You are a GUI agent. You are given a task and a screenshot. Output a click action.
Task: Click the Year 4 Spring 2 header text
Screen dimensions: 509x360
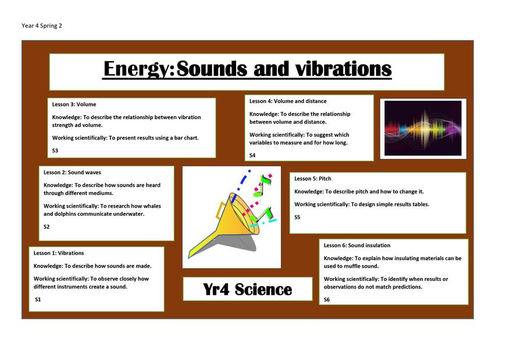click(41, 26)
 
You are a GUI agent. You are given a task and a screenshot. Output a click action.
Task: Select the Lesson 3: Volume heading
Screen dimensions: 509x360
click(74, 104)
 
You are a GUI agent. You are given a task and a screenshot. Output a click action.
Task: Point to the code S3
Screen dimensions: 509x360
click(55, 151)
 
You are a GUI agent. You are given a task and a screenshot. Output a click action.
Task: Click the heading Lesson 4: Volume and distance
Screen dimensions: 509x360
click(287, 101)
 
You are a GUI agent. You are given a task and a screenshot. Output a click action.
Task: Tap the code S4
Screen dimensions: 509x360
click(252, 155)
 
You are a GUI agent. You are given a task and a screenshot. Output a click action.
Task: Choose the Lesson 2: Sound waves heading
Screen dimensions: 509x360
click(72, 172)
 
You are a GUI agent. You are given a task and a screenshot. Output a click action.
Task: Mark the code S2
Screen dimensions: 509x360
click(47, 227)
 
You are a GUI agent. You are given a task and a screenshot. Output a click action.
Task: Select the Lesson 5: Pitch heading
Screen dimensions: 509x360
click(312, 179)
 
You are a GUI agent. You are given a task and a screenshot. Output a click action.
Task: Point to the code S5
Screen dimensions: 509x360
click(297, 217)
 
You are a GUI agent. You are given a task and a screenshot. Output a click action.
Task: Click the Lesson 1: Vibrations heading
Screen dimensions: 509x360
click(59, 253)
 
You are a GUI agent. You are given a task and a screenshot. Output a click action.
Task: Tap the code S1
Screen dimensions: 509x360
click(38, 300)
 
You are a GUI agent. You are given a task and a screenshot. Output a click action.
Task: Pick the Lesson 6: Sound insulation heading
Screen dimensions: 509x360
click(357, 245)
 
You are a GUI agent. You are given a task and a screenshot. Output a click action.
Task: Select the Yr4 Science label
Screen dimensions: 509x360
click(247, 289)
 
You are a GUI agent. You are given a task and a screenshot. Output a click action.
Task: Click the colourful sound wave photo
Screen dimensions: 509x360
click(423, 128)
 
